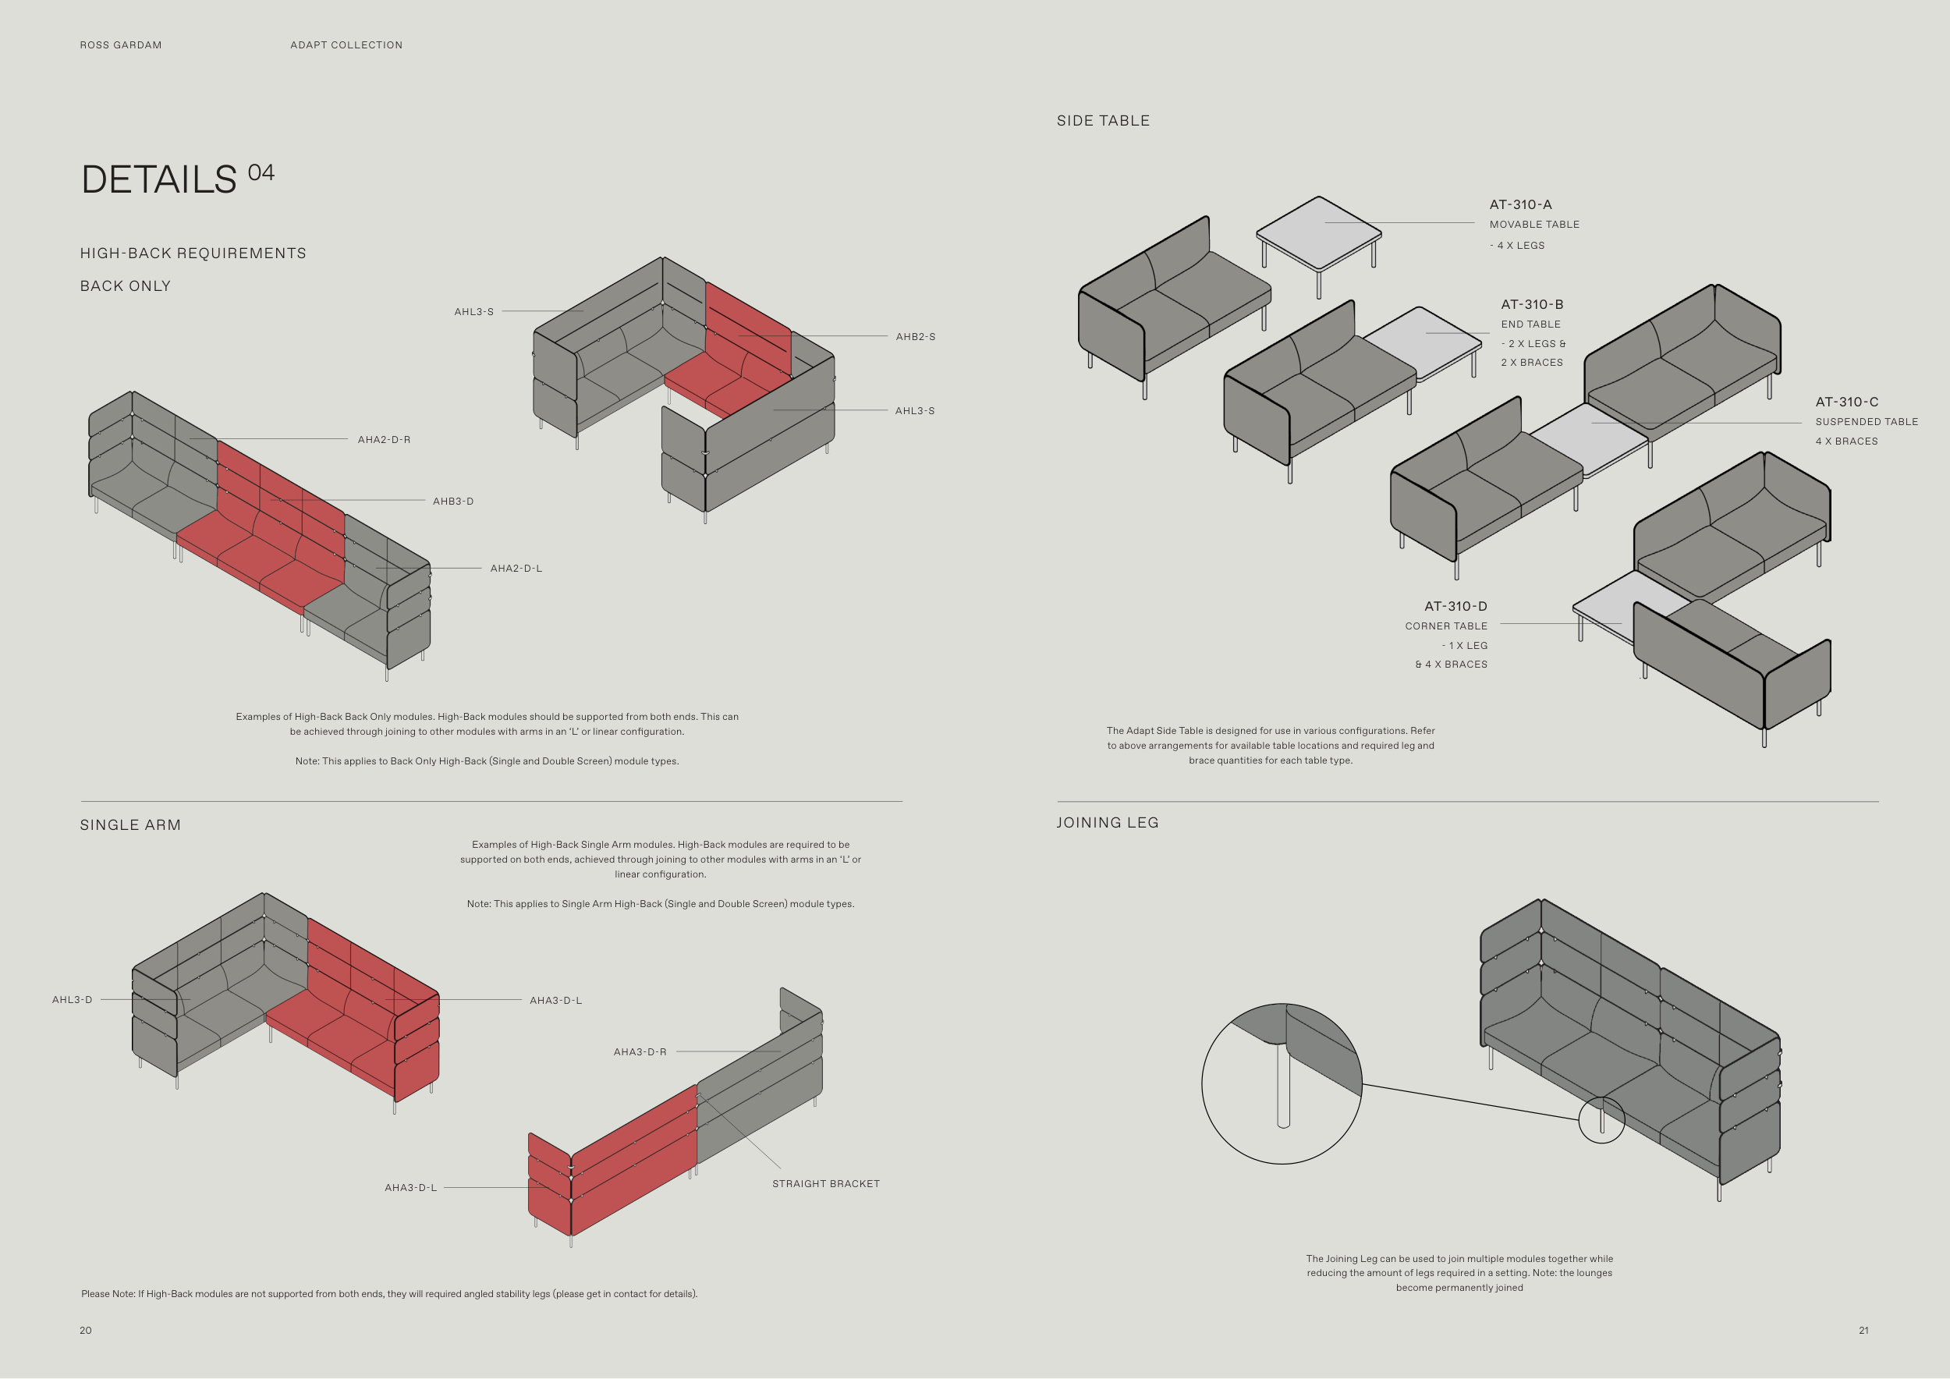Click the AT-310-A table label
coord(1520,204)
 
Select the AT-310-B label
coord(1531,304)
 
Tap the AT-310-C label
coord(1846,402)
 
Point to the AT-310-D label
coord(1455,606)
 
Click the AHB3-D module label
coord(452,502)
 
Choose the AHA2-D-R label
coord(384,440)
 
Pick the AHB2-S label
coord(915,337)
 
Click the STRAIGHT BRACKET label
coord(825,1184)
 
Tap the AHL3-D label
coord(73,1000)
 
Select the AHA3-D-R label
coord(640,1052)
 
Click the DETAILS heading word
coord(159,180)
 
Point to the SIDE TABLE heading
coord(1102,121)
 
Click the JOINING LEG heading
coord(1107,823)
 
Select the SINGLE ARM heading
coord(130,825)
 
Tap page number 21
coord(1863,1331)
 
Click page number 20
coord(86,1331)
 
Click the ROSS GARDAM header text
coord(121,45)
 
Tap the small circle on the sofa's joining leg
coord(1601,1120)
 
